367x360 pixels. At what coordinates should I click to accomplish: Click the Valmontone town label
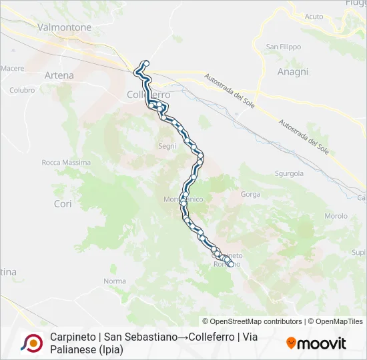pyautogui.click(x=65, y=27)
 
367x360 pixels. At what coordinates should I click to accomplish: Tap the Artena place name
pyautogui.click(x=59, y=75)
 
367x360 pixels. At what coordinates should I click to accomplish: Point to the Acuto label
pyautogui.click(x=313, y=16)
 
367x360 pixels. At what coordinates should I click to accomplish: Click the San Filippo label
pyautogui.click(x=284, y=47)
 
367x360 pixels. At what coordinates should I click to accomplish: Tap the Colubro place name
pyautogui.click(x=22, y=90)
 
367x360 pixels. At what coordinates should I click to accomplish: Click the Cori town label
pyautogui.click(x=63, y=204)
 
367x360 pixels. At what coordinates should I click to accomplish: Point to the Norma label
pyautogui.click(x=114, y=281)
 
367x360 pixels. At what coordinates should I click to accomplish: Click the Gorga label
pyautogui.click(x=251, y=195)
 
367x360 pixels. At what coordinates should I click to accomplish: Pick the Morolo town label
pyautogui.click(x=336, y=216)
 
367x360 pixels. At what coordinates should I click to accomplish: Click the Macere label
pyautogui.click(x=13, y=68)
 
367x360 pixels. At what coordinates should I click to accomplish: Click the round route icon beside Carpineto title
pyautogui.click(x=31, y=343)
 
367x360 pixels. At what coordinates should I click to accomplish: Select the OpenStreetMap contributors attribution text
pyautogui.click(x=252, y=321)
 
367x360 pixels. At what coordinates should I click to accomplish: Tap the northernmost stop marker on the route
pyautogui.click(x=145, y=63)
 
